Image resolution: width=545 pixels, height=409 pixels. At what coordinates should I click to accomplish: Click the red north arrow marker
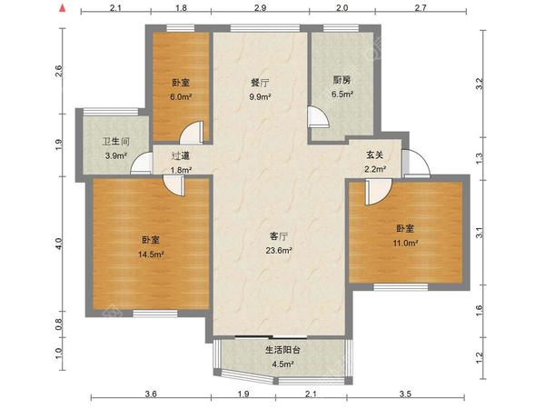click(x=63, y=7)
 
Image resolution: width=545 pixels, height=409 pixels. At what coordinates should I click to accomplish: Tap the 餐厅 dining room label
click(x=260, y=83)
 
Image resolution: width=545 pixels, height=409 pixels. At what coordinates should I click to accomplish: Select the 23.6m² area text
click(x=279, y=250)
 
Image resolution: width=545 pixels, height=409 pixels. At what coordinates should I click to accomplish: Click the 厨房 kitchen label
click(x=342, y=80)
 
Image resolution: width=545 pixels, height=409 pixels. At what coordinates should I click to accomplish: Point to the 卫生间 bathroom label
click(x=115, y=142)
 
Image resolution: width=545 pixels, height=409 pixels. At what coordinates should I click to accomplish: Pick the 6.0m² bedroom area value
click(x=181, y=96)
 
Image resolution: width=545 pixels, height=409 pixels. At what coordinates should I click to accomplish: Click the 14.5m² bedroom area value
click(x=151, y=254)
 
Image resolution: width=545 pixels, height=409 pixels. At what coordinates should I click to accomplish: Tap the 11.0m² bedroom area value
click(x=405, y=243)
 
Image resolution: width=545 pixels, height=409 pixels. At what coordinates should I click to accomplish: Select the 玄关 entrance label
click(x=374, y=155)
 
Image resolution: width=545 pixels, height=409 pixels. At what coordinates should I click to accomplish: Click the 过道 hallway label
click(x=181, y=155)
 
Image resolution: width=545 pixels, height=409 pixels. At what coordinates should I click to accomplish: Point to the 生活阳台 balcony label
click(x=282, y=350)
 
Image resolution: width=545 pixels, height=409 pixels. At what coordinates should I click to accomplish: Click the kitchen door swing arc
click(x=323, y=112)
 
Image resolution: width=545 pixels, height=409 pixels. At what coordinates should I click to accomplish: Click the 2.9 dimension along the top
click(x=260, y=7)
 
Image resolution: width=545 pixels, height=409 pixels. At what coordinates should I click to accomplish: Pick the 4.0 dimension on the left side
click(x=58, y=244)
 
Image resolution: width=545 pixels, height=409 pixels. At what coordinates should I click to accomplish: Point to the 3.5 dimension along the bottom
click(x=405, y=394)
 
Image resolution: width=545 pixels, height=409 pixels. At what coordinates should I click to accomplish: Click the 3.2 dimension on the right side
click(x=480, y=84)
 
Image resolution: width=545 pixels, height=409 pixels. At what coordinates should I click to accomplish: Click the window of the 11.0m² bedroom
click(x=401, y=287)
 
